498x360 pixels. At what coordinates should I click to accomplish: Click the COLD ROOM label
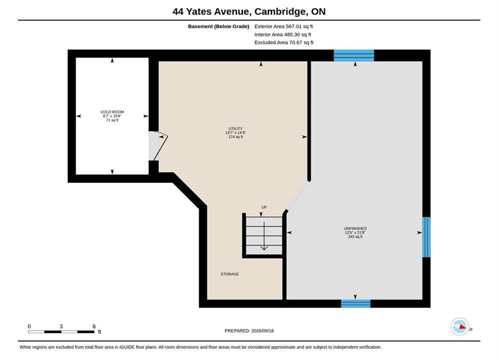[x=112, y=112]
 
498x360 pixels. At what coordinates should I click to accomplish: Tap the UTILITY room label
[x=235, y=129]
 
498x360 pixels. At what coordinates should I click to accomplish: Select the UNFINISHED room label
[x=355, y=228]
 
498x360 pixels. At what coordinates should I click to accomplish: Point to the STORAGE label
[x=230, y=274]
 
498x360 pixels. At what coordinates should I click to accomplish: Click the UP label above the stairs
[x=264, y=207]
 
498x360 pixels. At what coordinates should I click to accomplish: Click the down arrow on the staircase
[x=264, y=236]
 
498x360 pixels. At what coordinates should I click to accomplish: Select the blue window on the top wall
[x=354, y=55]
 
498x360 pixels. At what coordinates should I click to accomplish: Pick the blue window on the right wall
[x=426, y=237]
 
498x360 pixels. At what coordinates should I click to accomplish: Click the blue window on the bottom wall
[x=356, y=303]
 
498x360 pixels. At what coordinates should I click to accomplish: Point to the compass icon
[x=460, y=326]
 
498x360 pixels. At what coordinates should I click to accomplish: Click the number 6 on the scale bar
[x=94, y=326]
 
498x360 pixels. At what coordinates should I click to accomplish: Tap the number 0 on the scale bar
[x=29, y=326]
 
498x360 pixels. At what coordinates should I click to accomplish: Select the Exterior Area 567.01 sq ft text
[x=284, y=26]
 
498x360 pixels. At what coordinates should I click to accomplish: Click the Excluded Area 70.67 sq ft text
[x=284, y=42]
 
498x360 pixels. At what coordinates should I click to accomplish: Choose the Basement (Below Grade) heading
[x=219, y=26]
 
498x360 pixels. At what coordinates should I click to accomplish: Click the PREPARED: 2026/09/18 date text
[x=249, y=330]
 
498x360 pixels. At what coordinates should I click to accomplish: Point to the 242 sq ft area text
[x=355, y=236]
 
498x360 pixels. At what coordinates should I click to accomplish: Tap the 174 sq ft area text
[x=235, y=137]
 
